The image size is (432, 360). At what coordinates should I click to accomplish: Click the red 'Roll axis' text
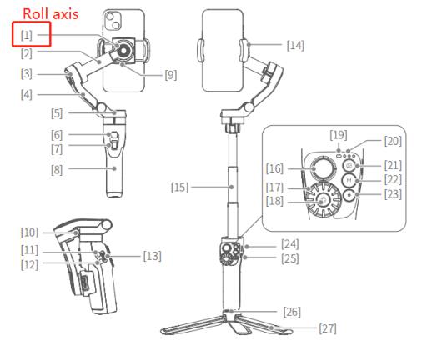pos(50,14)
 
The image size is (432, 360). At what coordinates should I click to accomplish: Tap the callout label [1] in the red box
pos(27,35)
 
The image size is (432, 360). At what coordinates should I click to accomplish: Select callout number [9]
pos(171,75)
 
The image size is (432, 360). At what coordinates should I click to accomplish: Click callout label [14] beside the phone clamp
pos(295,45)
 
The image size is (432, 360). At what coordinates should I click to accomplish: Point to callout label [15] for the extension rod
pos(179,187)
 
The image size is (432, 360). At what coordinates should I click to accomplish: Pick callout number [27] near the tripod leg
pos(328,328)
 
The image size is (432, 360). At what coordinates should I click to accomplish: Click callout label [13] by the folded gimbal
pos(153,256)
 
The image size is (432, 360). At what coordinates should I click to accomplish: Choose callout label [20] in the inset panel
pos(393,141)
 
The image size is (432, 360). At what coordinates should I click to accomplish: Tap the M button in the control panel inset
pos(349,180)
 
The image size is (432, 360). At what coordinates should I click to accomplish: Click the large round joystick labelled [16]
pos(323,168)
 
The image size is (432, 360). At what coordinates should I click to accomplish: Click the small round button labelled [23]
pos(349,195)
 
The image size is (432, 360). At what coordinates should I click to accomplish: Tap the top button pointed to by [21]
pos(349,165)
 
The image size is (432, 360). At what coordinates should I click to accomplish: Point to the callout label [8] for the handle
pos(57,170)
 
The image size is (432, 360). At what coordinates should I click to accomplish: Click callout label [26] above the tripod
pos(292,312)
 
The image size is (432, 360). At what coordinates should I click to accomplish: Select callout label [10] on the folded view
pos(29,232)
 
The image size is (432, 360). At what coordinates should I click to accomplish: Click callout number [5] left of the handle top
pos(57,113)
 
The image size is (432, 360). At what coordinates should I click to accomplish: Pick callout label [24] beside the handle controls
pos(290,244)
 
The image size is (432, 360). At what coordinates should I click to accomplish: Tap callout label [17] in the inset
pos(274,187)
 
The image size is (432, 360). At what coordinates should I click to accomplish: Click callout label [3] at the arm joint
pos(27,74)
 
